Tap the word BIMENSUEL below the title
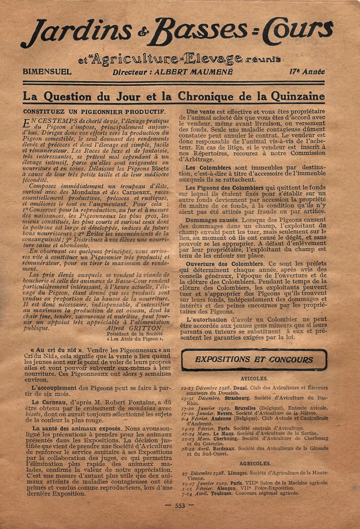click(47, 72)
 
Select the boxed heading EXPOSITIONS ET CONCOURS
click(254, 359)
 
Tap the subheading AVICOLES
click(254, 379)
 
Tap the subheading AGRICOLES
click(255, 463)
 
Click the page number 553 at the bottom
click(179, 505)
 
